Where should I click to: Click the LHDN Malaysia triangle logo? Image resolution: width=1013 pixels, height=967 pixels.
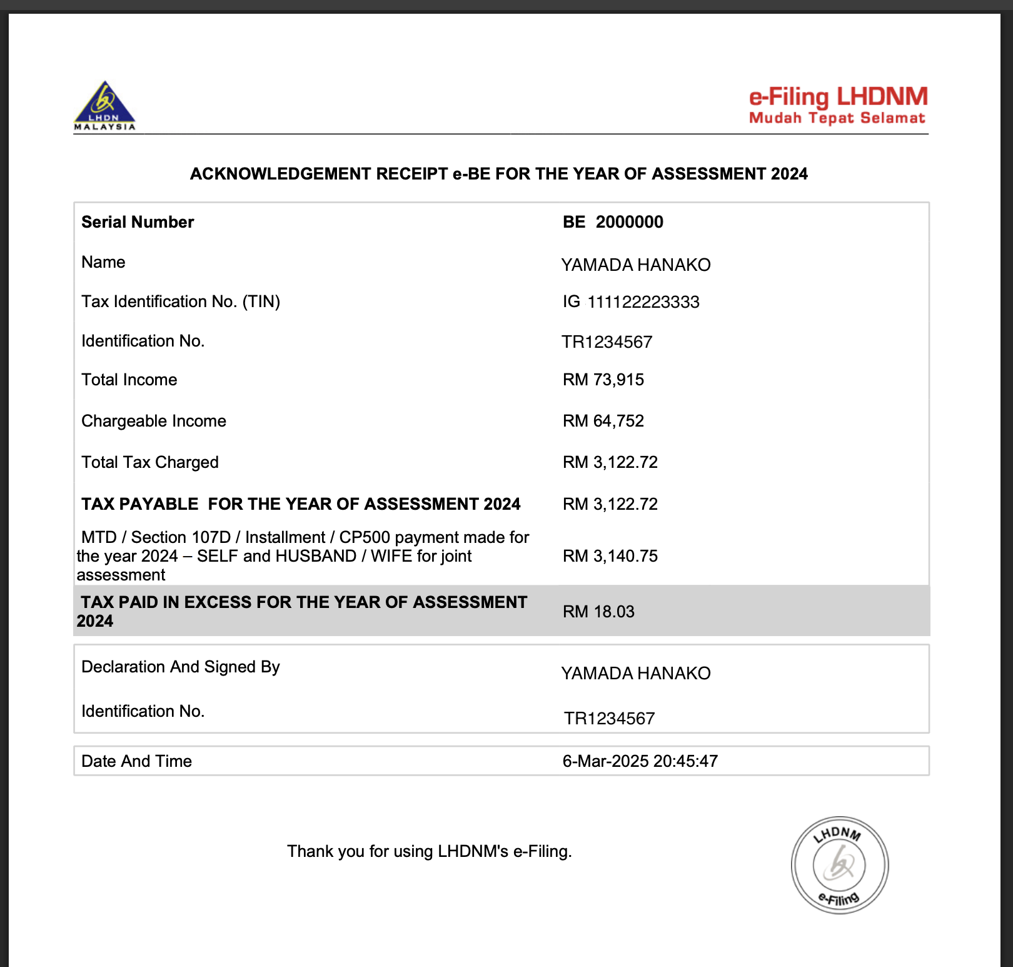(x=104, y=105)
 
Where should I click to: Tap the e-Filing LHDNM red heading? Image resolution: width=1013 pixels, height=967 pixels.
(x=838, y=97)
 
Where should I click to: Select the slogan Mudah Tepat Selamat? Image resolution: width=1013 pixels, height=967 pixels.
(x=837, y=118)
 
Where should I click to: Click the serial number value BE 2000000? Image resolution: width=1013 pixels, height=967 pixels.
(x=613, y=222)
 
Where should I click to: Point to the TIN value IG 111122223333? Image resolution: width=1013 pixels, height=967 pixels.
(x=631, y=302)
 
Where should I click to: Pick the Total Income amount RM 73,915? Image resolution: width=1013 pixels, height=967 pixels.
(x=603, y=380)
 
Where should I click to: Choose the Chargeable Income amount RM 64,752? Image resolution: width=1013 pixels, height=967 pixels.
(x=603, y=421)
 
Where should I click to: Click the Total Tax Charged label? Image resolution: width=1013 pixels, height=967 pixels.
(x=150, y=462)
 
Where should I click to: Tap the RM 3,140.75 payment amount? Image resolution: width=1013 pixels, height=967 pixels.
(x=610, y=556)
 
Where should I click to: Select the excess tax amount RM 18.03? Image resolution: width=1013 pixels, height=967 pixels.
(x=598, y=612)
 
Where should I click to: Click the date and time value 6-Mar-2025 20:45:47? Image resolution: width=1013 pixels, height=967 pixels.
(x=640, y=761)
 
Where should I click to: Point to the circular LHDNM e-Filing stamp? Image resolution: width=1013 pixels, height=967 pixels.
(x=840, y=865)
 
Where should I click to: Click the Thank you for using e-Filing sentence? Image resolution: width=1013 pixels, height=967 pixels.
(x=430, y=851)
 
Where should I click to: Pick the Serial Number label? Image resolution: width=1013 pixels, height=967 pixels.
(x=138, y=222)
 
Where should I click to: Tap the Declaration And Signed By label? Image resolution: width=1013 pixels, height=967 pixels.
(x=181, y=667)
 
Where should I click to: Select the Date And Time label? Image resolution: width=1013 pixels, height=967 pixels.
(x=136, y=761)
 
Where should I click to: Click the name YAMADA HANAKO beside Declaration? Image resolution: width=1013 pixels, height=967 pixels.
(x=636, y=674)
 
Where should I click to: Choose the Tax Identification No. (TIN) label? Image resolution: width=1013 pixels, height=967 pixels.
(x=181, y=301)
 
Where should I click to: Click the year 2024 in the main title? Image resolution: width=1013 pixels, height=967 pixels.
(x=789, y=174)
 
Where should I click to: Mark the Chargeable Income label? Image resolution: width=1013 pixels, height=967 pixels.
(x=154, y=421)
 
